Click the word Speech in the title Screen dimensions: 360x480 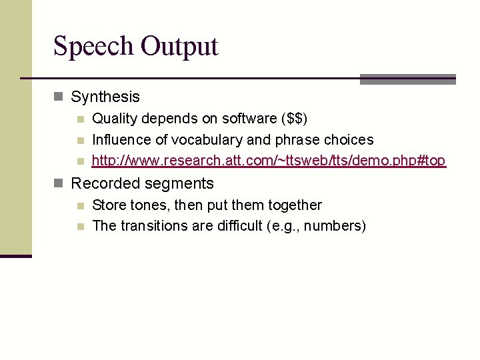[93, 47]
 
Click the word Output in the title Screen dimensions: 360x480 [179, 47]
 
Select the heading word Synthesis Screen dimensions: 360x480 [105, 97]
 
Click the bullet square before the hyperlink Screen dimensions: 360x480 [80, 161]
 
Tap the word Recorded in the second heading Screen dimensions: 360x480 [105, 183]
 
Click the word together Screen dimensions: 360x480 [293, 205]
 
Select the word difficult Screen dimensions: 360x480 [236, 226]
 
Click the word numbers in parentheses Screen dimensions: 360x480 [334, 226]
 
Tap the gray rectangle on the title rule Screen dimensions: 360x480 [407, 79]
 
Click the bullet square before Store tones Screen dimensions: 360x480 [80, 205]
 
